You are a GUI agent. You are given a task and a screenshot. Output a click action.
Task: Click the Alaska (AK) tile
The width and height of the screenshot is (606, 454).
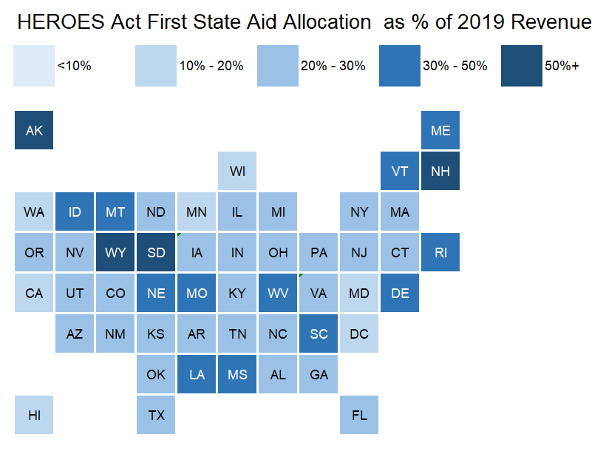click(34, 130)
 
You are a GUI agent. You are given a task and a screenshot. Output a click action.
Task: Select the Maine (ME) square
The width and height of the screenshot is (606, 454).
click(440, 130)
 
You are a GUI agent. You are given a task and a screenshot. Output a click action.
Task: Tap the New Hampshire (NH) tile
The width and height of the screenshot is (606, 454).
click(440, 171)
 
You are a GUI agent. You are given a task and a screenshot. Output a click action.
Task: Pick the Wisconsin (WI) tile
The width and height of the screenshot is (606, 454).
click(237, 171)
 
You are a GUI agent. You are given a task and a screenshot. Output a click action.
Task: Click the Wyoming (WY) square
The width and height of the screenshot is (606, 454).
click(115, 252)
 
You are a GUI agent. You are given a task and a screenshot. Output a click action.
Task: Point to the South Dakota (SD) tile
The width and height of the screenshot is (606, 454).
click(156, 252)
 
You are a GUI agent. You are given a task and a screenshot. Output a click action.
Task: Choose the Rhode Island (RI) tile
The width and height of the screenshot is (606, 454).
click(440, 252)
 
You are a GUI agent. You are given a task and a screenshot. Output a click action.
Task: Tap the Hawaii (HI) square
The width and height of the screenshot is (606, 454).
click(34, 415)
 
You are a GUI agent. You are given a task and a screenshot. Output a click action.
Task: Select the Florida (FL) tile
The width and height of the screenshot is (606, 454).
click(359, 415)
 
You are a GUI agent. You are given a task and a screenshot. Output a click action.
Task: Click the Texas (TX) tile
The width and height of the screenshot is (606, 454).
click(156, 415)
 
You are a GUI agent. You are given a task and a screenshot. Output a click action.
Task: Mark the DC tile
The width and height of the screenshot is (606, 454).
click(359, 333)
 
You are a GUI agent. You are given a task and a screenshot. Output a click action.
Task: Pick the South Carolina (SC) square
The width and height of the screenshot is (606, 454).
click(319, 333)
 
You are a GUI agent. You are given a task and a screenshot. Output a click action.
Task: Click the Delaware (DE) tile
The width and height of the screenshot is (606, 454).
click(400, 293)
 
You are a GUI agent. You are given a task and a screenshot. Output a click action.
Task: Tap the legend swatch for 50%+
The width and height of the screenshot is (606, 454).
click(521, 66)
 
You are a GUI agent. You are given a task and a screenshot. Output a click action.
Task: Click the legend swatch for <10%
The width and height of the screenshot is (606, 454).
click(34, 66)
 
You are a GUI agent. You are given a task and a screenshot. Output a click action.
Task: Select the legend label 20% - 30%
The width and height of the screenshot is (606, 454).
click(333, 66)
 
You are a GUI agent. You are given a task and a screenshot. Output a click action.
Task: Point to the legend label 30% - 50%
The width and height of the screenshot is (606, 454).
click(455, 66)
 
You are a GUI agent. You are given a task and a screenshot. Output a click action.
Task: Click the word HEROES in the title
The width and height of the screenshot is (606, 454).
click(61, 21)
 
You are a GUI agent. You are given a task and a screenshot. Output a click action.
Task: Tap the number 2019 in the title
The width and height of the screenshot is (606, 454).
click(481, 21)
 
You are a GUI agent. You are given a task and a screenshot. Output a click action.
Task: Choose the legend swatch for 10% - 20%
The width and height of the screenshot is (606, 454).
click(156, 66)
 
